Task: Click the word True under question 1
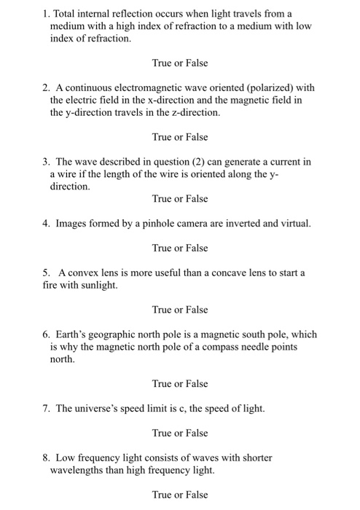163,63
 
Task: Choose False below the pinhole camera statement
196,248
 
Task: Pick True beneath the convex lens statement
163,310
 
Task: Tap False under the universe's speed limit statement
196,433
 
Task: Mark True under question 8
163,495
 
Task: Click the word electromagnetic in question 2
144,88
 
